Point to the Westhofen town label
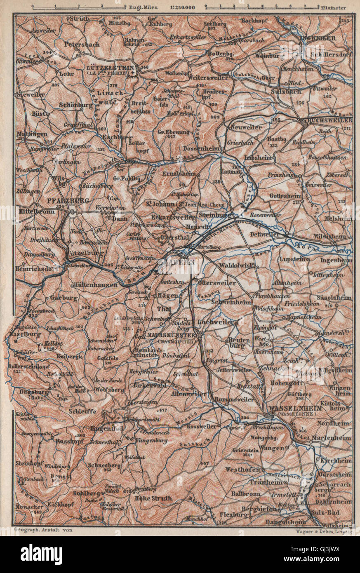tap(242, 470)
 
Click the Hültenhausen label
tap(91, 284)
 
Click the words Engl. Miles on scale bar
tap(140, 7)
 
